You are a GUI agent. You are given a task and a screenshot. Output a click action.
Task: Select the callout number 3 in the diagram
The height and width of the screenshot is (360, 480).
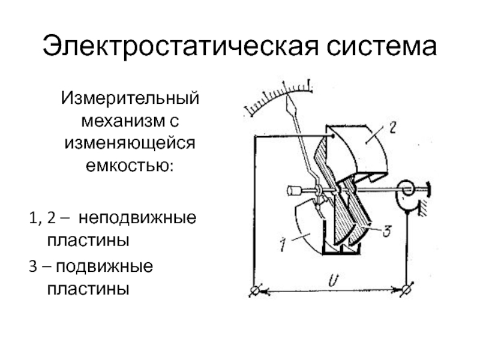point(388,229)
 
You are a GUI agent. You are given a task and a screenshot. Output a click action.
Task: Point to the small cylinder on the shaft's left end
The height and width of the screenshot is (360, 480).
point(294,191)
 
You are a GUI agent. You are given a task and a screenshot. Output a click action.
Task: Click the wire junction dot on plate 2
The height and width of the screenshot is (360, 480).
point(332,137)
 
